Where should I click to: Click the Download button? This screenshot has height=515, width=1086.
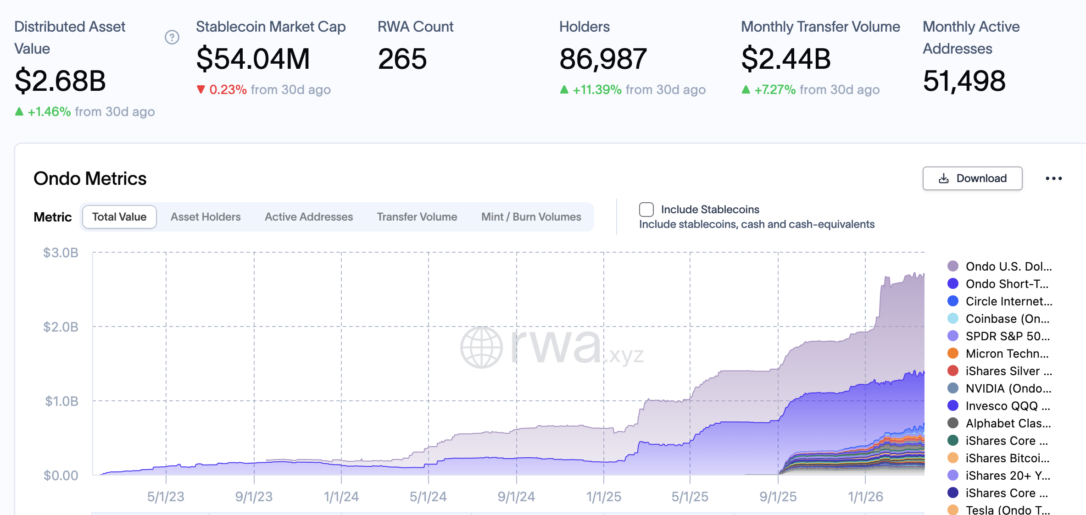(972, 178)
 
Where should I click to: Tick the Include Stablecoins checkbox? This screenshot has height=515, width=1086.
(646, 210)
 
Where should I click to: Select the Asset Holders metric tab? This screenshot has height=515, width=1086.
(206, 217)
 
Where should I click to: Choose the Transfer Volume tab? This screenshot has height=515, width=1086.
(417, 217)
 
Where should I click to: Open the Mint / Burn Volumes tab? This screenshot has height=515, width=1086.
(531, 217)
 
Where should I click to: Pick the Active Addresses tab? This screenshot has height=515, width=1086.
(309, 217)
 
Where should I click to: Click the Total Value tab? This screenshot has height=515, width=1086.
(119, 217)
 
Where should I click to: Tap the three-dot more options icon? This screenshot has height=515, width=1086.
(1053, 178)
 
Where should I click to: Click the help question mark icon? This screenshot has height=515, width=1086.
(172, 37)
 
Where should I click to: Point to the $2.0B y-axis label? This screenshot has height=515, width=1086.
(61, 327)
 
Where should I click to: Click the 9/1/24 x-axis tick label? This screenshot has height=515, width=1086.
(516, 497)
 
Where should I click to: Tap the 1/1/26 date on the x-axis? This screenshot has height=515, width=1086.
(865, 497)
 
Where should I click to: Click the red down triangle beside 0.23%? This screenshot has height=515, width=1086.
(200, 89)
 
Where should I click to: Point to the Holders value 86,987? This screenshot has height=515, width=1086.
(603, 59)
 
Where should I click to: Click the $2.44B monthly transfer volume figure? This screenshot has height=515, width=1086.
(786, 59)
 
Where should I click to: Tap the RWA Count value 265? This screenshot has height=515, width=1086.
(402, 59)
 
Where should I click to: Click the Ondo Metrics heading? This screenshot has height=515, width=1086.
(90, 178)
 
